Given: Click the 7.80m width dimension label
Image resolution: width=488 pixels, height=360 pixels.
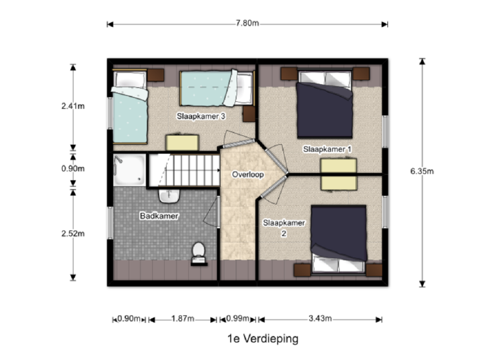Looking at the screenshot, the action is tap(247, 23).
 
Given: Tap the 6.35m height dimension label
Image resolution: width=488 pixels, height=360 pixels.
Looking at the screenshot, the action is tap(422, 171).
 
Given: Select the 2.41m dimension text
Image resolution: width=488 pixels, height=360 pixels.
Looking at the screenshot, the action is tap(73, 106).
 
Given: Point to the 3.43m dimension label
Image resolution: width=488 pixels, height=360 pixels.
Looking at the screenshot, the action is tap(320, 318).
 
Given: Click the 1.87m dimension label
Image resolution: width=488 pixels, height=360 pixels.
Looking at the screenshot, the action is tap(183, 318).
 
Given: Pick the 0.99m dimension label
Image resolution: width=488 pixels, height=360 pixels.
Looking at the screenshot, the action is tap(238, 318).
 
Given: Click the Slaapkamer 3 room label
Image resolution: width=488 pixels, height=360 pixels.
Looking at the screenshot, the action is tap(201, 116).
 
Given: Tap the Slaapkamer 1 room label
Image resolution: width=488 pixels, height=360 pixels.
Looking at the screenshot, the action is tap(327, 149).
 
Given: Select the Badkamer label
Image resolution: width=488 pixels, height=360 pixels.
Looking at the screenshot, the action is tap(159, 216).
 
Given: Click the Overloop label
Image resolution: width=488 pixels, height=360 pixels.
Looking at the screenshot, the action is tap(248, 174).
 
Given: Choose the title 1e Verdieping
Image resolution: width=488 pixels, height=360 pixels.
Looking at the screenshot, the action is tap(263, 339).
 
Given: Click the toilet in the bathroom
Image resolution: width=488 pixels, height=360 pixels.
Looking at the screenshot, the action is tap(198, 254).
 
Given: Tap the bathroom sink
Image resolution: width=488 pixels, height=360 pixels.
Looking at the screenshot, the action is tap(169, 196).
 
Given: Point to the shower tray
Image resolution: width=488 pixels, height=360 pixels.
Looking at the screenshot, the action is tap(129, 170).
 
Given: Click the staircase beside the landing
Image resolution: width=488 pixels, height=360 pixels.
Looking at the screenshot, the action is tap(184, 170).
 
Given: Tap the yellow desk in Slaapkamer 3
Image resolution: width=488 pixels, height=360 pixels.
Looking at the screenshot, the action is tap(182, 143).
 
